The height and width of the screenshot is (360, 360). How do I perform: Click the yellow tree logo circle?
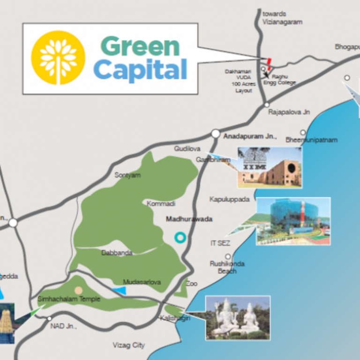[58, 57]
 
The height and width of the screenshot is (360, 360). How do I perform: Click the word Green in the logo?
[140, 47]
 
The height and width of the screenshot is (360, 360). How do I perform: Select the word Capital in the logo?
[140, 70]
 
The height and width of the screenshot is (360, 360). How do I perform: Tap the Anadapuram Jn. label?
[250, 137]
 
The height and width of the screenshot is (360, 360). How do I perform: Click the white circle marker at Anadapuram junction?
[215, 134]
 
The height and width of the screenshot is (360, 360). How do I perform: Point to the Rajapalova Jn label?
[289, 112]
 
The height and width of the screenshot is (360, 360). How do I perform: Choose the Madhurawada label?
[189, 219]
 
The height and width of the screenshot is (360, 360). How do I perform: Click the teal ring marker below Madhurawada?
[180, 238]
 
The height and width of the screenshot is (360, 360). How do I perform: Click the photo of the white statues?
[238, 317]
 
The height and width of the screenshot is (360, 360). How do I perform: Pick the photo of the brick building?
[270, 167]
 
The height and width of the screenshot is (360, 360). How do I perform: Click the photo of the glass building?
[293, 221]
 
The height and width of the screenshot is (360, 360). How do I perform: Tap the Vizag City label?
[128, 345]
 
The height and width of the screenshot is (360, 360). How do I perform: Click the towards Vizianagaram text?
[282, 18]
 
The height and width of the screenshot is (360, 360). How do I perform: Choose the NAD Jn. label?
[63, 326]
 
